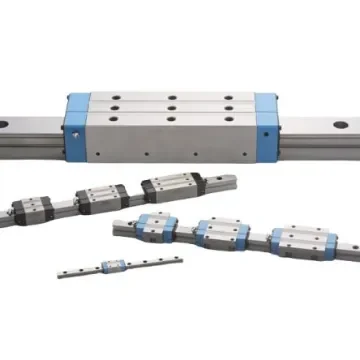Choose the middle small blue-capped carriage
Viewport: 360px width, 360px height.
coord(219,233)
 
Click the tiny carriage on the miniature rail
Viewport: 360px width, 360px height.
coord(113,266)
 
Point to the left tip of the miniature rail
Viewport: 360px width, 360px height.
coord(60,274)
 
